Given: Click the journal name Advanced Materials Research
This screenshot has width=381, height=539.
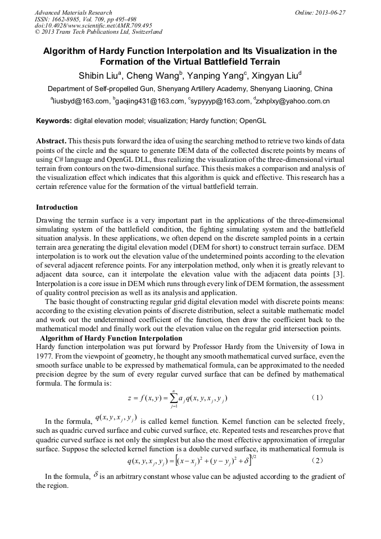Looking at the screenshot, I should pos(74,12).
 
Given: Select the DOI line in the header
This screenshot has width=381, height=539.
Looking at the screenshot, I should pos(93,25).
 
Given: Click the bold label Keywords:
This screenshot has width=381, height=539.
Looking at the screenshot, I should pos(54,121).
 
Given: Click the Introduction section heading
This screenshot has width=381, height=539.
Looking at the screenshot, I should pos(57,207).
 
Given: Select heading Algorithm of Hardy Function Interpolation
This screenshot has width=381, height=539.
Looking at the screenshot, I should pos(111,338).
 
